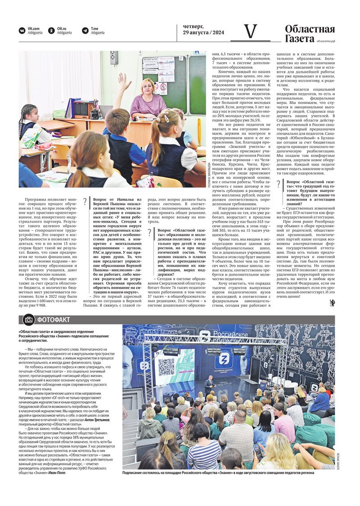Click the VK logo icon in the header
[22, 31]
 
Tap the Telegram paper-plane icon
[85, 31]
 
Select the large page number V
[250, 31]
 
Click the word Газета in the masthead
[299, 39]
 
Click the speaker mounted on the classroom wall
[114, 57]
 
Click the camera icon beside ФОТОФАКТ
[29, 320]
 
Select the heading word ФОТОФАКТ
[54, 320]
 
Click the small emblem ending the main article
[332, 303]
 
